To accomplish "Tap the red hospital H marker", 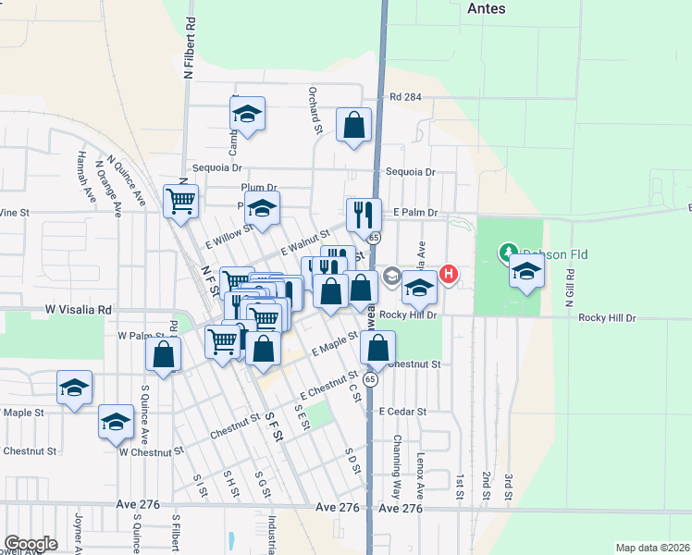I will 449,274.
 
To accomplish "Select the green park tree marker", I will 508,252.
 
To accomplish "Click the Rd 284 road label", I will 405,97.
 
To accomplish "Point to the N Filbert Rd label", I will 189,46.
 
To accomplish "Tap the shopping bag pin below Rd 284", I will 353,125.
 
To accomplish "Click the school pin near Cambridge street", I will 247,114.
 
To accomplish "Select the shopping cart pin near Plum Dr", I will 181,201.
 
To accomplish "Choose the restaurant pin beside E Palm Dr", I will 364,215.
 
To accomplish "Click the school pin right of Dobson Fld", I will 526,271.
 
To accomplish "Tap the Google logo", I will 31,544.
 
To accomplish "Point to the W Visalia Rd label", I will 79,311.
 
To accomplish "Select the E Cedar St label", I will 402,411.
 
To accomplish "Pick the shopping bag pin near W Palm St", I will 163,354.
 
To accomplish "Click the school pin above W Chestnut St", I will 116,422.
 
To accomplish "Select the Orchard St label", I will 315,111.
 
